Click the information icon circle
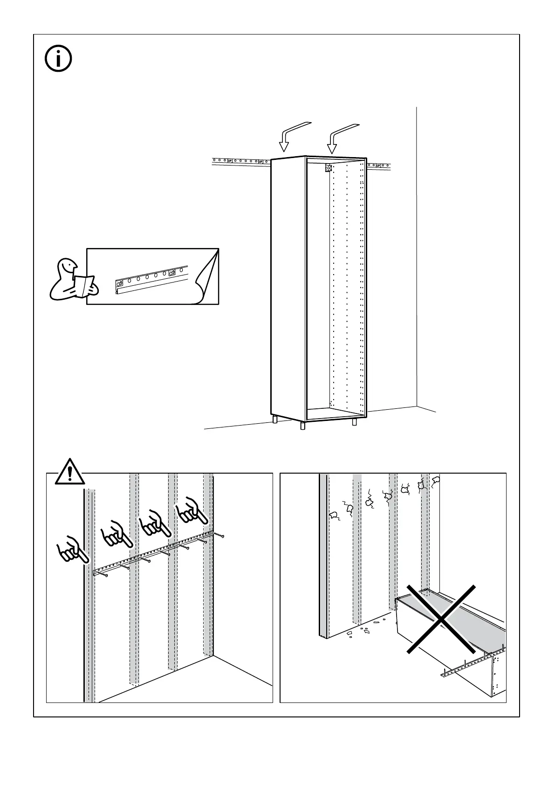pos(58,58)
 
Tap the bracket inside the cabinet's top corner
pos(328,168)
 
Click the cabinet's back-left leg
pos(275,420)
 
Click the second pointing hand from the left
pos(117,533)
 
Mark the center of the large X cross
pos(441,619)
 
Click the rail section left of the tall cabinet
pos(240,162)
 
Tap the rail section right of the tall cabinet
pos(378,165)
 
